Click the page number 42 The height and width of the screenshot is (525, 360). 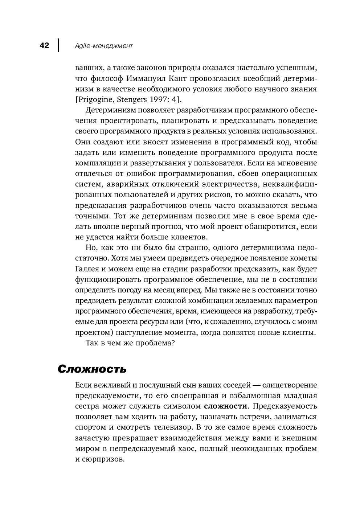(44, 46)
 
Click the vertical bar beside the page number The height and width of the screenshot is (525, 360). (58, 46)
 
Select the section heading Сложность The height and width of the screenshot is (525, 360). (92, 369)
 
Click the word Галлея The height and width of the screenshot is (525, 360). (87, 269)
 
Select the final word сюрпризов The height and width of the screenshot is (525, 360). (104, 459)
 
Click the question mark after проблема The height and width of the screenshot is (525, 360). (174, 343)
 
